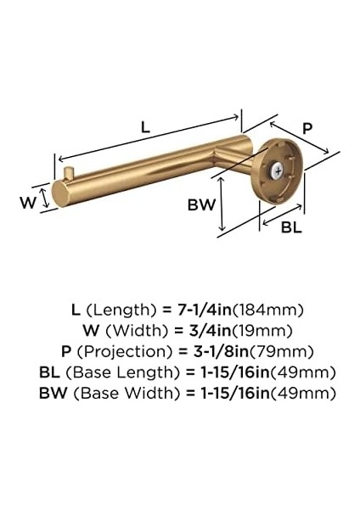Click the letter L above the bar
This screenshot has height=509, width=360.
click(145, 127)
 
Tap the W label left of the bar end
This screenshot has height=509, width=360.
click(28, 201)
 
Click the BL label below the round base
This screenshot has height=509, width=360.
click(290, 227)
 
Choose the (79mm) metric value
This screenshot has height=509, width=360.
click(278, 351)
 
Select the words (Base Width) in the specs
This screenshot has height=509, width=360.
click(126, 394)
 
